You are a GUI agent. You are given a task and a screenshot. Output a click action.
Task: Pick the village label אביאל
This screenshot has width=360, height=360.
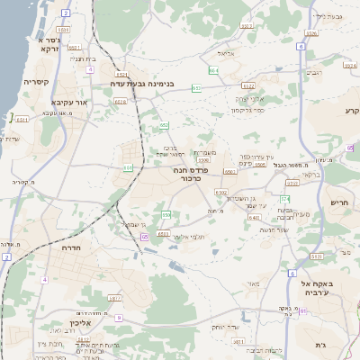(226, 54)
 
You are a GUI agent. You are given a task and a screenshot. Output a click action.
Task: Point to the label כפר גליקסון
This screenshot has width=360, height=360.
(247, 109)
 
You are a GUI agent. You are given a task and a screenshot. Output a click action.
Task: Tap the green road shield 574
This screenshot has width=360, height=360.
(284, 199)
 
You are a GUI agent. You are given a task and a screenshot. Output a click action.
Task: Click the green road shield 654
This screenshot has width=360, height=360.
(213, 69)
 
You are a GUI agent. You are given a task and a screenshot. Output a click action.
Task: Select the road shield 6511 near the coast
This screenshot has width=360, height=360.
(22, 118)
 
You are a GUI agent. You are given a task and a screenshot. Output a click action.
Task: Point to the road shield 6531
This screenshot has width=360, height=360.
(122, 75)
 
